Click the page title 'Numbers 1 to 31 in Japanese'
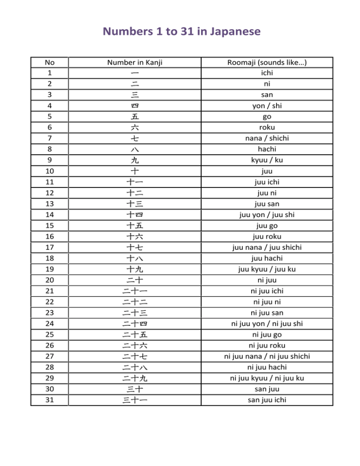[180, 32]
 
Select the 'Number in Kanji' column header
[135, 62]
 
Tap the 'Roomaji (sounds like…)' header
[267, 62]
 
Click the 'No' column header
[49, 62]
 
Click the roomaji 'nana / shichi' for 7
[267, 138]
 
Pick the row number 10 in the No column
[49, 171]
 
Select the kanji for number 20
[135, 280]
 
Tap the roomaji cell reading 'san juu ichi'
[267, 400]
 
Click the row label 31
[49, 400]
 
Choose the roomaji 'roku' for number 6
[267, 128]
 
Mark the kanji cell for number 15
[135, 225]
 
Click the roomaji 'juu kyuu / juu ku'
[267, 269]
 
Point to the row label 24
[49, 323]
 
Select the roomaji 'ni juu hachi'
[267, 367]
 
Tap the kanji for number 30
[135, 389]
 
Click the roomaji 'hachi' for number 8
[267, 149]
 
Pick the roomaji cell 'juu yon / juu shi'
[267, 215]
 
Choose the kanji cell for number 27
[135, 356]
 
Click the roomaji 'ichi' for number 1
[267, 73]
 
